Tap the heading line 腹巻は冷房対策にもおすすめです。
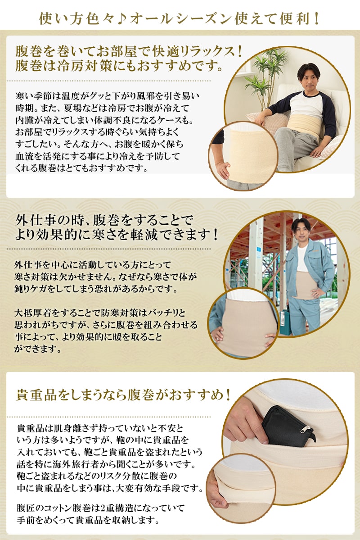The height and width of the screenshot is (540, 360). (119, 66)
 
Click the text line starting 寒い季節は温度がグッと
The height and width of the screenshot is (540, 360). (107, 96)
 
